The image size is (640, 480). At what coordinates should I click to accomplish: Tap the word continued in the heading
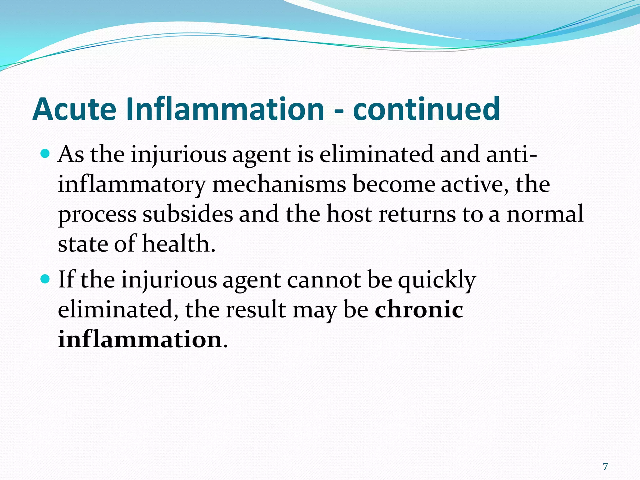[426, 109]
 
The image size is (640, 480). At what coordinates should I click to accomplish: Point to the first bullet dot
[46, 154]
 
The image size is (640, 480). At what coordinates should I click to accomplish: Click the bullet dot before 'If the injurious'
[46, 279]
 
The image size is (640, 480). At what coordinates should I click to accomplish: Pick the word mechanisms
[279, 184]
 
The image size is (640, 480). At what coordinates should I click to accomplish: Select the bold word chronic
[419, 309]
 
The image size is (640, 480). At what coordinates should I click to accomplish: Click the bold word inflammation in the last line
[140, 339]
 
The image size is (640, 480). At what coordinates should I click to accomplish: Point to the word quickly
[437, 280]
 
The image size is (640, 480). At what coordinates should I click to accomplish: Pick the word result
[256, 309]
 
